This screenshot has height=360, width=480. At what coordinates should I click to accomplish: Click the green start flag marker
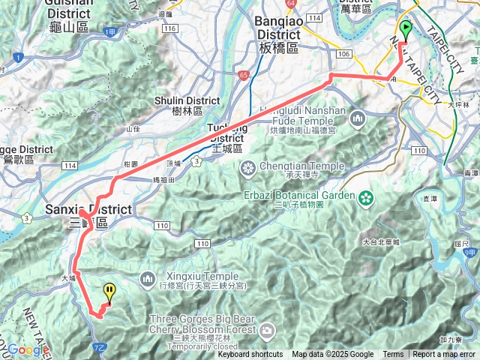click(x=406, y=30)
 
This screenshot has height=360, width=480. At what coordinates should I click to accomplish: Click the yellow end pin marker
click(x=109, y=292)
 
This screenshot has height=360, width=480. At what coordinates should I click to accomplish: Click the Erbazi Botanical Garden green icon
click(x=365, y=199)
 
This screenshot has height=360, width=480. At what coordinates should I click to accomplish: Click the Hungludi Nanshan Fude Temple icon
click(x=357, y=118)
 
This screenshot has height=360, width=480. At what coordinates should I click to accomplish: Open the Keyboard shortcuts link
click(x=250, y=355)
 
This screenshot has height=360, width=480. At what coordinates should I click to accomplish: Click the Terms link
click(x=393, y=355)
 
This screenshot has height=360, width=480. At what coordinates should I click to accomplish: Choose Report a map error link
click(x=444, y=355)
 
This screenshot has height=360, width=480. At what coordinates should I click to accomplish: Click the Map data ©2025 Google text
click(x=332, y=355)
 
